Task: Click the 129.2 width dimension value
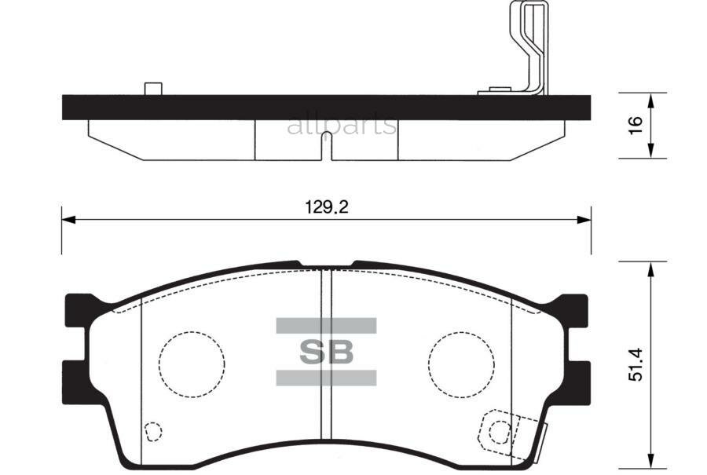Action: click(326, 207)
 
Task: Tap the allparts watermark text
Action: click(342, 125)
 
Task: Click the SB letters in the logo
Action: click(326, 352)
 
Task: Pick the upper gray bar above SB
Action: click(326, 325)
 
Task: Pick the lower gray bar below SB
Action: click(326, 378)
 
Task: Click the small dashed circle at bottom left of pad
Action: click(154, 431)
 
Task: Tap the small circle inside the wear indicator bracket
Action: click(498, 431)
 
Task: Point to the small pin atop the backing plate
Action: click(153, 88)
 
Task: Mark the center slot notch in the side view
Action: click(326, 145)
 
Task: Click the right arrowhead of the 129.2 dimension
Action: click(584, 219)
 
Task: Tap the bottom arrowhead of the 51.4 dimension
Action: click(651, 457)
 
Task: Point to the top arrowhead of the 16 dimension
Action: click(651, 98)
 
